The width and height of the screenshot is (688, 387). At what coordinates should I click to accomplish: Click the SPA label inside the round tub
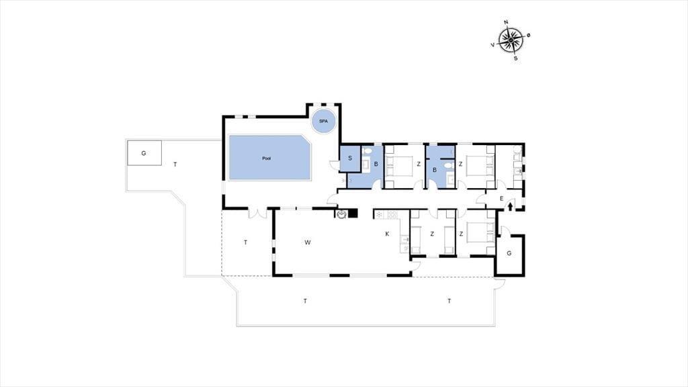(x=323, y=121)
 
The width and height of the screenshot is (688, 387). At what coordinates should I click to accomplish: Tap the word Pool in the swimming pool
(x=266, y=159)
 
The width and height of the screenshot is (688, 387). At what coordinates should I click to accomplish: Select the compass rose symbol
(x=511, y=40)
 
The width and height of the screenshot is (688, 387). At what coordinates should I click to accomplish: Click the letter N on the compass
(x=506, y=22)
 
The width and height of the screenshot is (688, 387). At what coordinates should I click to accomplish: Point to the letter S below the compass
(x=515, y=58)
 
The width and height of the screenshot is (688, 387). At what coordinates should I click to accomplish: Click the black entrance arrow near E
(x=511, y=206)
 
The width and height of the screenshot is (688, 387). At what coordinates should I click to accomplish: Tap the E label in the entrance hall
(x=501, y=199)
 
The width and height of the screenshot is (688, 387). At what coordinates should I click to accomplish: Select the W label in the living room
(x=308, y=242)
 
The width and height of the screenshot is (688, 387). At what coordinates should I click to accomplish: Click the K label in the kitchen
(x=387, y=234)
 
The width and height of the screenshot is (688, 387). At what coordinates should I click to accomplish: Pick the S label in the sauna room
(x=350, y=158)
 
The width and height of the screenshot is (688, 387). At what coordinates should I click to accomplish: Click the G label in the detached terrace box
(x=144, y=153)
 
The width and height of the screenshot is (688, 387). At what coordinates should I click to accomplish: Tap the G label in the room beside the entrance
(x=509, y=253)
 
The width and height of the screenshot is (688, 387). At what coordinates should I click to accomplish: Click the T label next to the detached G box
(x=175, y=165)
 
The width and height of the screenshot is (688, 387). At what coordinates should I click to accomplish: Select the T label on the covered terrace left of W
(x=245, y=242)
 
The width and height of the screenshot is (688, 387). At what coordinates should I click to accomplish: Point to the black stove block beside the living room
(x=353, y=214)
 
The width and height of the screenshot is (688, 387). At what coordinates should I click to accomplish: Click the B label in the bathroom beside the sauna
(x=376, y=164)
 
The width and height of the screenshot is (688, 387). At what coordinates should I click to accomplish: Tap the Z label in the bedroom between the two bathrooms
(x=419, y=164)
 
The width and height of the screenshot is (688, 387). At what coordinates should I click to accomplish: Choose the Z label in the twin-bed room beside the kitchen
(x=432, y=234)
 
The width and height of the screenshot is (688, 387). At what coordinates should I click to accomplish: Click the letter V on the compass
(x=492, y=45)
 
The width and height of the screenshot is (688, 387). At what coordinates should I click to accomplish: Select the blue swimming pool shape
(x=270, y=157)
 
